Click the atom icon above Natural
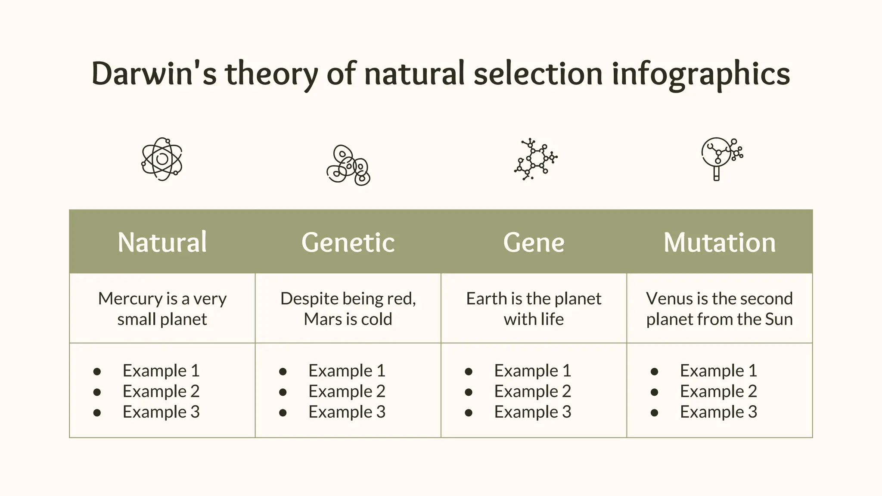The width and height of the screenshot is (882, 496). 162,159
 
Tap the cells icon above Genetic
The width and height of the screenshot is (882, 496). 348,165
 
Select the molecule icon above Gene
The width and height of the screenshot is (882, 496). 535,159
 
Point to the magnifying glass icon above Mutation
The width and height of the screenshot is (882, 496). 721,158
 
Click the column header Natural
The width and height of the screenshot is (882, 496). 162,242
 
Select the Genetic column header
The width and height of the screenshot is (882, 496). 348,242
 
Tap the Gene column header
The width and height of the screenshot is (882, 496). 534,242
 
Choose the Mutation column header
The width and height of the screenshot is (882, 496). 720,242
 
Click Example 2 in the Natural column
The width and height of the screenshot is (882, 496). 161,391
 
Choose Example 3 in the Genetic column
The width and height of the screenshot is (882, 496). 347,412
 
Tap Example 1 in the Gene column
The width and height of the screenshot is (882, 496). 532,371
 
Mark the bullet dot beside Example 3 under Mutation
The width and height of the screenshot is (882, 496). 654,413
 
